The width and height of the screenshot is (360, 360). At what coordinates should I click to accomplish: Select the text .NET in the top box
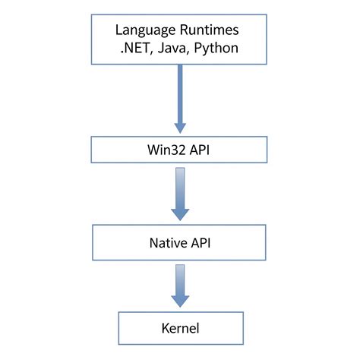coord(131,48)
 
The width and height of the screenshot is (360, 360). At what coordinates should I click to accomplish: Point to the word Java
coord(170,48)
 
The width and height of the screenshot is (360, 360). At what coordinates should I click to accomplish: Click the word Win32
coord(165,149)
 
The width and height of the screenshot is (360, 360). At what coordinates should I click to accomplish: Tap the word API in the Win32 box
coord(200,149)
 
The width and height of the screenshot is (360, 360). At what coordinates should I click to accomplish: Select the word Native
coord(165,245)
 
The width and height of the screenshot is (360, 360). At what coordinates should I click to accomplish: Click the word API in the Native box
coord(201,245)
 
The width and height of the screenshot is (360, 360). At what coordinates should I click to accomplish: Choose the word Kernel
coord(180,328)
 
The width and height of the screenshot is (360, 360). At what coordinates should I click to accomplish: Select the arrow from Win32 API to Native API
coord(180,194)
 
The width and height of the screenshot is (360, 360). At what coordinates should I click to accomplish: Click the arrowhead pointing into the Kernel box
coord(180,302)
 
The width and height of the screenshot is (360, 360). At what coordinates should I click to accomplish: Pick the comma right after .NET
coord(150,52)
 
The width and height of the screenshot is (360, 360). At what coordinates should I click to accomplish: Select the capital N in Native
coord(150,245)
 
